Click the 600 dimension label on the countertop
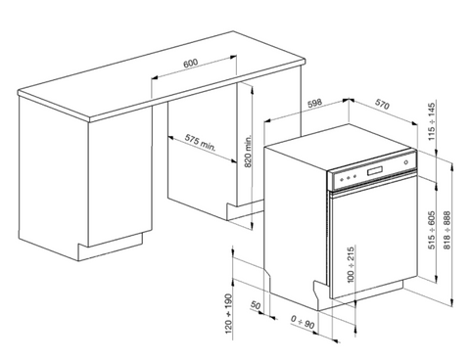[x=190, y=63]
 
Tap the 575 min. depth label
[x=201, y=142]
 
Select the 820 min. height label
[x=249, y=151]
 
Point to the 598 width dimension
[x=315, y=104]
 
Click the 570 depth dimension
[x=382, y=104]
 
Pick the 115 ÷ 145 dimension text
[x=432, y=121]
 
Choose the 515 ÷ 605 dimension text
[x=432, y=230]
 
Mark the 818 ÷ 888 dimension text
[x=446, y=230]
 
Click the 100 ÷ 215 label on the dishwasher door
[x=351, y=265]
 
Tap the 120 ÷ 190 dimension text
[x=228, y=314]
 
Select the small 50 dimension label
[x=256, y=305]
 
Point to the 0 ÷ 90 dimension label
[x=303, y=322]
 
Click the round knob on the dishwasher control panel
[x=406, y=162]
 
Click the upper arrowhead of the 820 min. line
[x=252, y=89]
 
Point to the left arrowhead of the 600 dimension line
[x=155, y=77]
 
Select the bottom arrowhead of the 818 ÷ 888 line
[x=451, y=302]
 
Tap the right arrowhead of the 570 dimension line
[x=414, y=123]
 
